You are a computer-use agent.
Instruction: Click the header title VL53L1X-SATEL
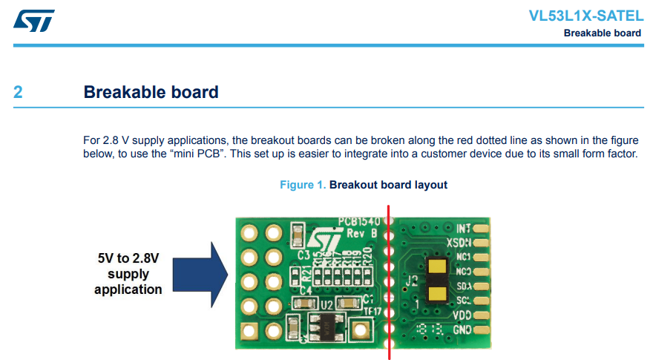point(585,16)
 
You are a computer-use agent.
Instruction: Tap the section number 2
point(18,93)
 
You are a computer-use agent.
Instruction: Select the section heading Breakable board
point(151,93)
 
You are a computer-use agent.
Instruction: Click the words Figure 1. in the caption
point(302,184)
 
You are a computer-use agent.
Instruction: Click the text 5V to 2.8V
point(128,259)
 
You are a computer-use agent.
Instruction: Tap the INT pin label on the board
point(465,228)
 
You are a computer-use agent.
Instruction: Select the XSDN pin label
point(459,242)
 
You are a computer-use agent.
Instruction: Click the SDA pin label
point(463,287)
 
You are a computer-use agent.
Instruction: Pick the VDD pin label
point(462,315)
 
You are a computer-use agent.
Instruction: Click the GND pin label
point(462,330)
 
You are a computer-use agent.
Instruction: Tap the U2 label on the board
point(326,305)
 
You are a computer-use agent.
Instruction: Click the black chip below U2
point(326,324)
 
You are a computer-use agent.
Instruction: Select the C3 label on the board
point(303,255)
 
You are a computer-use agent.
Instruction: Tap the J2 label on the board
point(413,281)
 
